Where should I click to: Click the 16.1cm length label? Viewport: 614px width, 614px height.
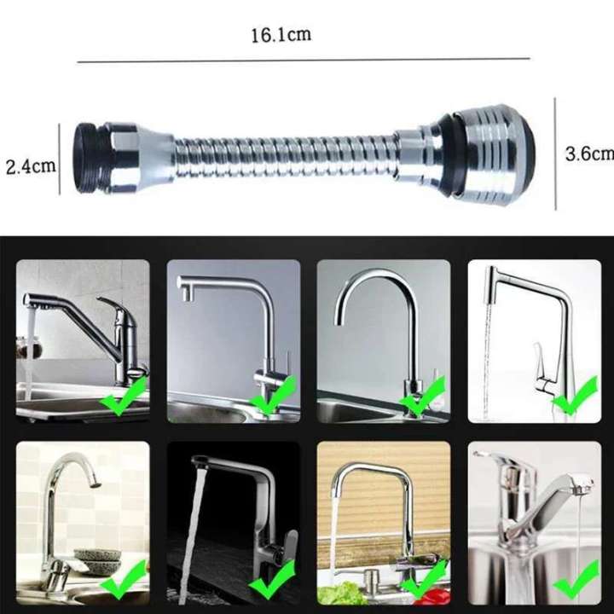[280, 36]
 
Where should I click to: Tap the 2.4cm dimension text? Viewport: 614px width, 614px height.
[31, 165]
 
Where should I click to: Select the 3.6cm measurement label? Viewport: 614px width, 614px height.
[589, 153]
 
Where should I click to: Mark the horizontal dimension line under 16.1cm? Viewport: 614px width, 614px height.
[303, 61]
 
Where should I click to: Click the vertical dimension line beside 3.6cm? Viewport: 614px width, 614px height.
[556, 153]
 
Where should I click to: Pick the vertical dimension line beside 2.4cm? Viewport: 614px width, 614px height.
[60, 158]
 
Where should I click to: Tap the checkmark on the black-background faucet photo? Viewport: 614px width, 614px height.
[272, 582]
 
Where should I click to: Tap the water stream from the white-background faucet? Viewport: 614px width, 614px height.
[488, 358]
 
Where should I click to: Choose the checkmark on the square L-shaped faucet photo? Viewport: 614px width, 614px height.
[273, 394]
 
